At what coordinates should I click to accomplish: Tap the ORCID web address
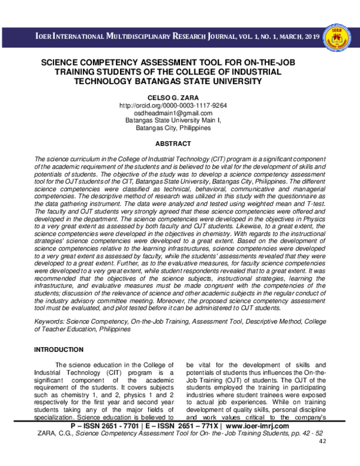tap(173, 104)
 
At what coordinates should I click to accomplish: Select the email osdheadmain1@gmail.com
tap(173, 112)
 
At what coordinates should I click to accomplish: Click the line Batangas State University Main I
tap(173, 120)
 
